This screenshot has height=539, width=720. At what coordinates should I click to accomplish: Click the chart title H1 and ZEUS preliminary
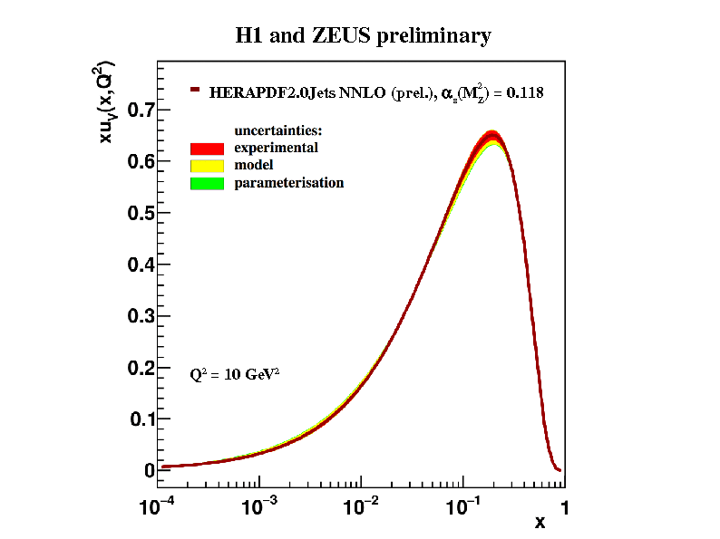(363, 36)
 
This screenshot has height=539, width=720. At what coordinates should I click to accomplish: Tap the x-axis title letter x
(540, 523)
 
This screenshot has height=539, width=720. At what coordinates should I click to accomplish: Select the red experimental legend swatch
(207, 148)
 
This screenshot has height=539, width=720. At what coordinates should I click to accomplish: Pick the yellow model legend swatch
(207, 166)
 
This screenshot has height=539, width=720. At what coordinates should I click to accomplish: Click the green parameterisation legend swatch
(207, 183)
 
